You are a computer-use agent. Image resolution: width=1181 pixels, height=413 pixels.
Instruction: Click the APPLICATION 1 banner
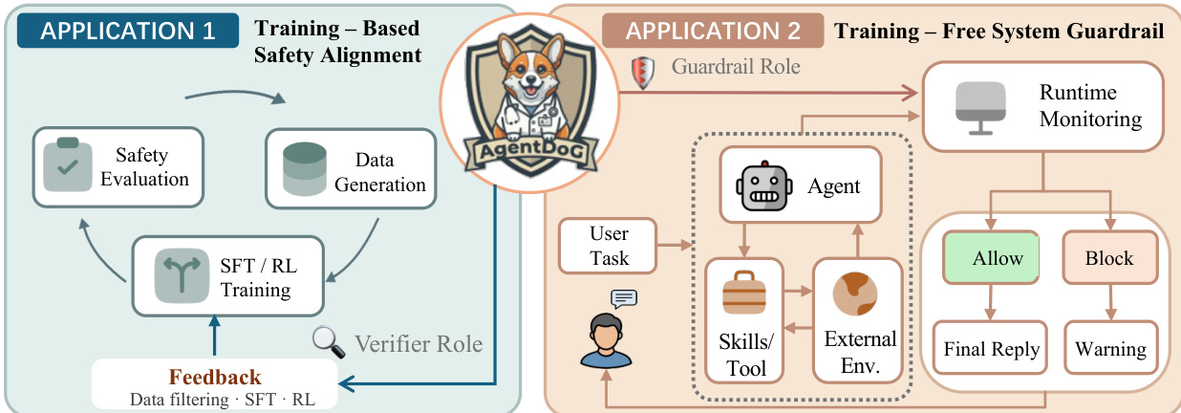pos(128,31)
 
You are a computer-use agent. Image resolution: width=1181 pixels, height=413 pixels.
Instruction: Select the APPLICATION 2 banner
pos(713,31)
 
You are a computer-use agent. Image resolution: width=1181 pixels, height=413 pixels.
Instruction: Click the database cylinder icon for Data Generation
pos(305,169)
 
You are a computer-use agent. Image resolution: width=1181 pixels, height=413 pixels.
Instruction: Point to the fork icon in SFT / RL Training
pos(182,275)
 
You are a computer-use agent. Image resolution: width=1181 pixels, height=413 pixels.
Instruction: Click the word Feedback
pos(215,377)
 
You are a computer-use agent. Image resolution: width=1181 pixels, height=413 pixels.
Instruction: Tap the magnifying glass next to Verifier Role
pos(328,342)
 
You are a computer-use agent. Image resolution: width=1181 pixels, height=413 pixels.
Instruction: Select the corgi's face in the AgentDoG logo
pos(529,79)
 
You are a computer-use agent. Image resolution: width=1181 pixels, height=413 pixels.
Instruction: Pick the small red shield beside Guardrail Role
pos(643,73)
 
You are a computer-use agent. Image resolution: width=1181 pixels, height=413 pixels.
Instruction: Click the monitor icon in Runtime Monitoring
pos(980,108)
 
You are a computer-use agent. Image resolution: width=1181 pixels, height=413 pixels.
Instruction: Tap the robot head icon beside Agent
pos(764,186)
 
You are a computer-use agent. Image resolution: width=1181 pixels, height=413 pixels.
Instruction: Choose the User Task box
pos(608,246)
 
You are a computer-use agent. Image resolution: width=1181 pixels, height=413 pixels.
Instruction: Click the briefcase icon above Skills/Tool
pos(744,293)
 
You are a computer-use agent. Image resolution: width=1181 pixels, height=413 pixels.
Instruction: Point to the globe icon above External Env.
pos(855,293)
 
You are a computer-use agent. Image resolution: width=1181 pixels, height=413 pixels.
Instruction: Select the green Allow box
pos(991,257)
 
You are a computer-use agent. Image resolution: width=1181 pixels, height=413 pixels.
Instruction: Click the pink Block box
pos(1110,257)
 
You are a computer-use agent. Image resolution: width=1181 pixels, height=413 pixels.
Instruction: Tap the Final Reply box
pos(990,348)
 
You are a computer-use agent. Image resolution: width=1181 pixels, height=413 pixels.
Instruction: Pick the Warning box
pos(1111,348)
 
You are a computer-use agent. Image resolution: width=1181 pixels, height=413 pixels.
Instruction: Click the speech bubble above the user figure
pos(624,299)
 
